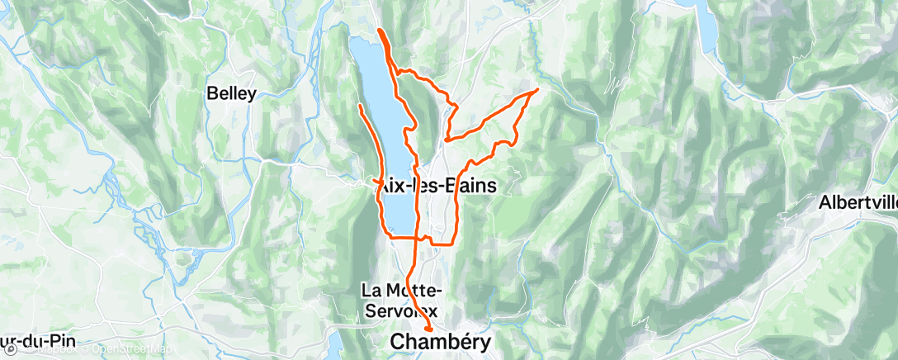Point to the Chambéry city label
[x=440, y=341]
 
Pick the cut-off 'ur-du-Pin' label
[x=33, y=341]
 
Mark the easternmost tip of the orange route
[x=538, y=89]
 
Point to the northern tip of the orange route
[x=380, y=31]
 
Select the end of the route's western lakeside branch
[x=360, y=106]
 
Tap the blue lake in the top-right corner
[x=706, y=25]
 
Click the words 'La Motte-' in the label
[x=403, y=290]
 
